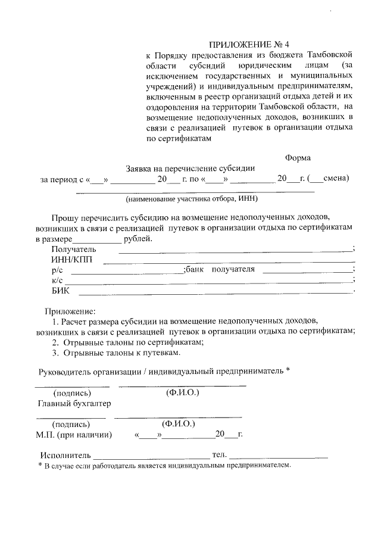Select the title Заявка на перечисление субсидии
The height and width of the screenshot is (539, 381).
(190, 168)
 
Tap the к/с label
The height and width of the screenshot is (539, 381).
(57, 280)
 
